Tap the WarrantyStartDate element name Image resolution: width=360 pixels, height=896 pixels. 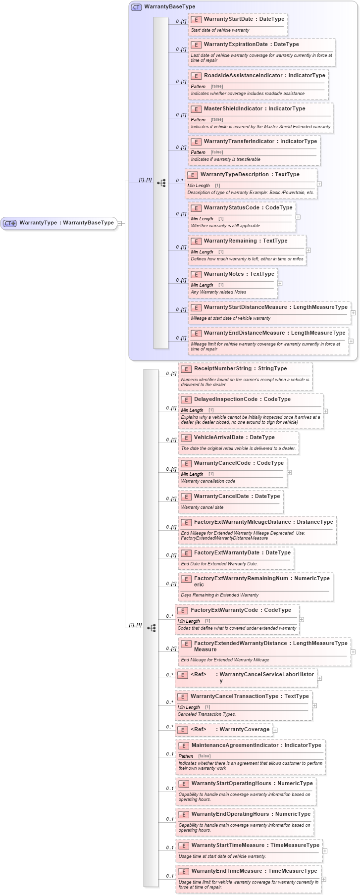(x=228, y=19)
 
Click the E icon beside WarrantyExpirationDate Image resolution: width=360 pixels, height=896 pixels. (x=196, y=45)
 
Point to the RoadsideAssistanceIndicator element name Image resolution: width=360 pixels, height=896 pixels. (x=243, y=76)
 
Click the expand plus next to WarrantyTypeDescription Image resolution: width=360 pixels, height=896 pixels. (x=319, y=184)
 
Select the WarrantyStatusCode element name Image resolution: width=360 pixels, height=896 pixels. (x=231, y=208)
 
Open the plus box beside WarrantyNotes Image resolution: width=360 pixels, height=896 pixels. (x=280, y=283)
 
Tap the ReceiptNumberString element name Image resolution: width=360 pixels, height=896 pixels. (x=223, y=369)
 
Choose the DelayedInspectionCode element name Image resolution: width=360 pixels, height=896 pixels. (x=227, y=399)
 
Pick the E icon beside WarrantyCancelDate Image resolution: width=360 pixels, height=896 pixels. (x=186, y=497)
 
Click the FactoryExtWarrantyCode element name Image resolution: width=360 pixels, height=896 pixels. (x=224, y=610)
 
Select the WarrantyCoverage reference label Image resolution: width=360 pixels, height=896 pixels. (x=244, y=729)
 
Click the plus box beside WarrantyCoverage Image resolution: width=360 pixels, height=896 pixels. (x=275, y=730)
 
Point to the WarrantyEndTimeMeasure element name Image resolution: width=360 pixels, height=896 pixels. (x=227, y=871)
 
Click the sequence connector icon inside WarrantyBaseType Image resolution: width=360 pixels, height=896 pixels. (x=161, y=183)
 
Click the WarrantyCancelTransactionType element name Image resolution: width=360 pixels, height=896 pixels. (x=234, y=697)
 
